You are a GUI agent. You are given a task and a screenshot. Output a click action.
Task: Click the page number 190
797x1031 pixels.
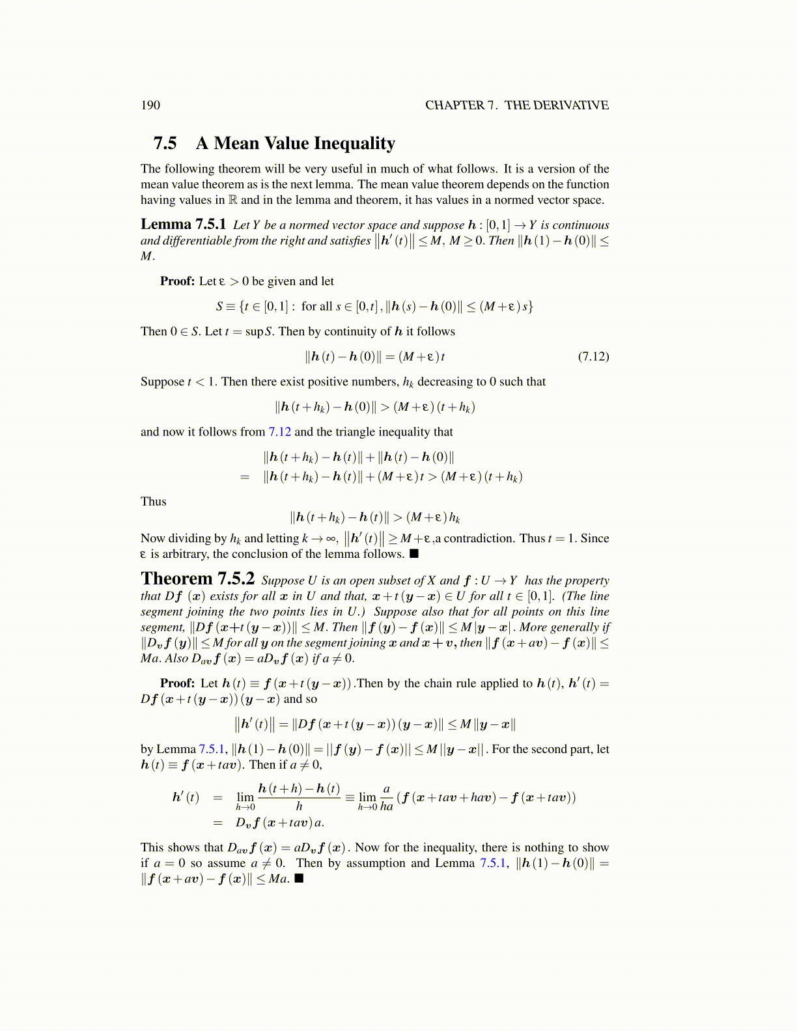pyautogui.click(x=150, y=105)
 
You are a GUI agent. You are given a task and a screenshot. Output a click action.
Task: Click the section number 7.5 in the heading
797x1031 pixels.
pyautogui.click(x=165, y=143)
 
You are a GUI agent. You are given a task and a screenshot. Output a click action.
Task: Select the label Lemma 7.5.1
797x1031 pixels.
pyautogui.click(x=183, y=225)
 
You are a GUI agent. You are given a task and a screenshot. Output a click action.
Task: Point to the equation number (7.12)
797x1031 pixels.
pyautogui.click(x=593, y=357)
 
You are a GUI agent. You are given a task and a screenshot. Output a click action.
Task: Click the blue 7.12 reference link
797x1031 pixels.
pyautogui.click(x=279, y=432)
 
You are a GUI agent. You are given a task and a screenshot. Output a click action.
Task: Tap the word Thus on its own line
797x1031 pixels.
pyautogui.click(x=153, y=502)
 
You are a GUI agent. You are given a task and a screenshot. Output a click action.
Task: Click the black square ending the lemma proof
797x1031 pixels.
pyautogui.click(x=414, y=554)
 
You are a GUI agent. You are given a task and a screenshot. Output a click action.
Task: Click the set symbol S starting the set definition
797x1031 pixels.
pyautogui.click(x=219, y=307)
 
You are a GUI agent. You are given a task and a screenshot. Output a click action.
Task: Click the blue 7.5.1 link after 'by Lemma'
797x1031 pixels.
pyautogui.click(x=213, y=749)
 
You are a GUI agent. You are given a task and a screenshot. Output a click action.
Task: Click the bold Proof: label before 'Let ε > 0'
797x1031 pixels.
pyautogui.click(x=178, y=281)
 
